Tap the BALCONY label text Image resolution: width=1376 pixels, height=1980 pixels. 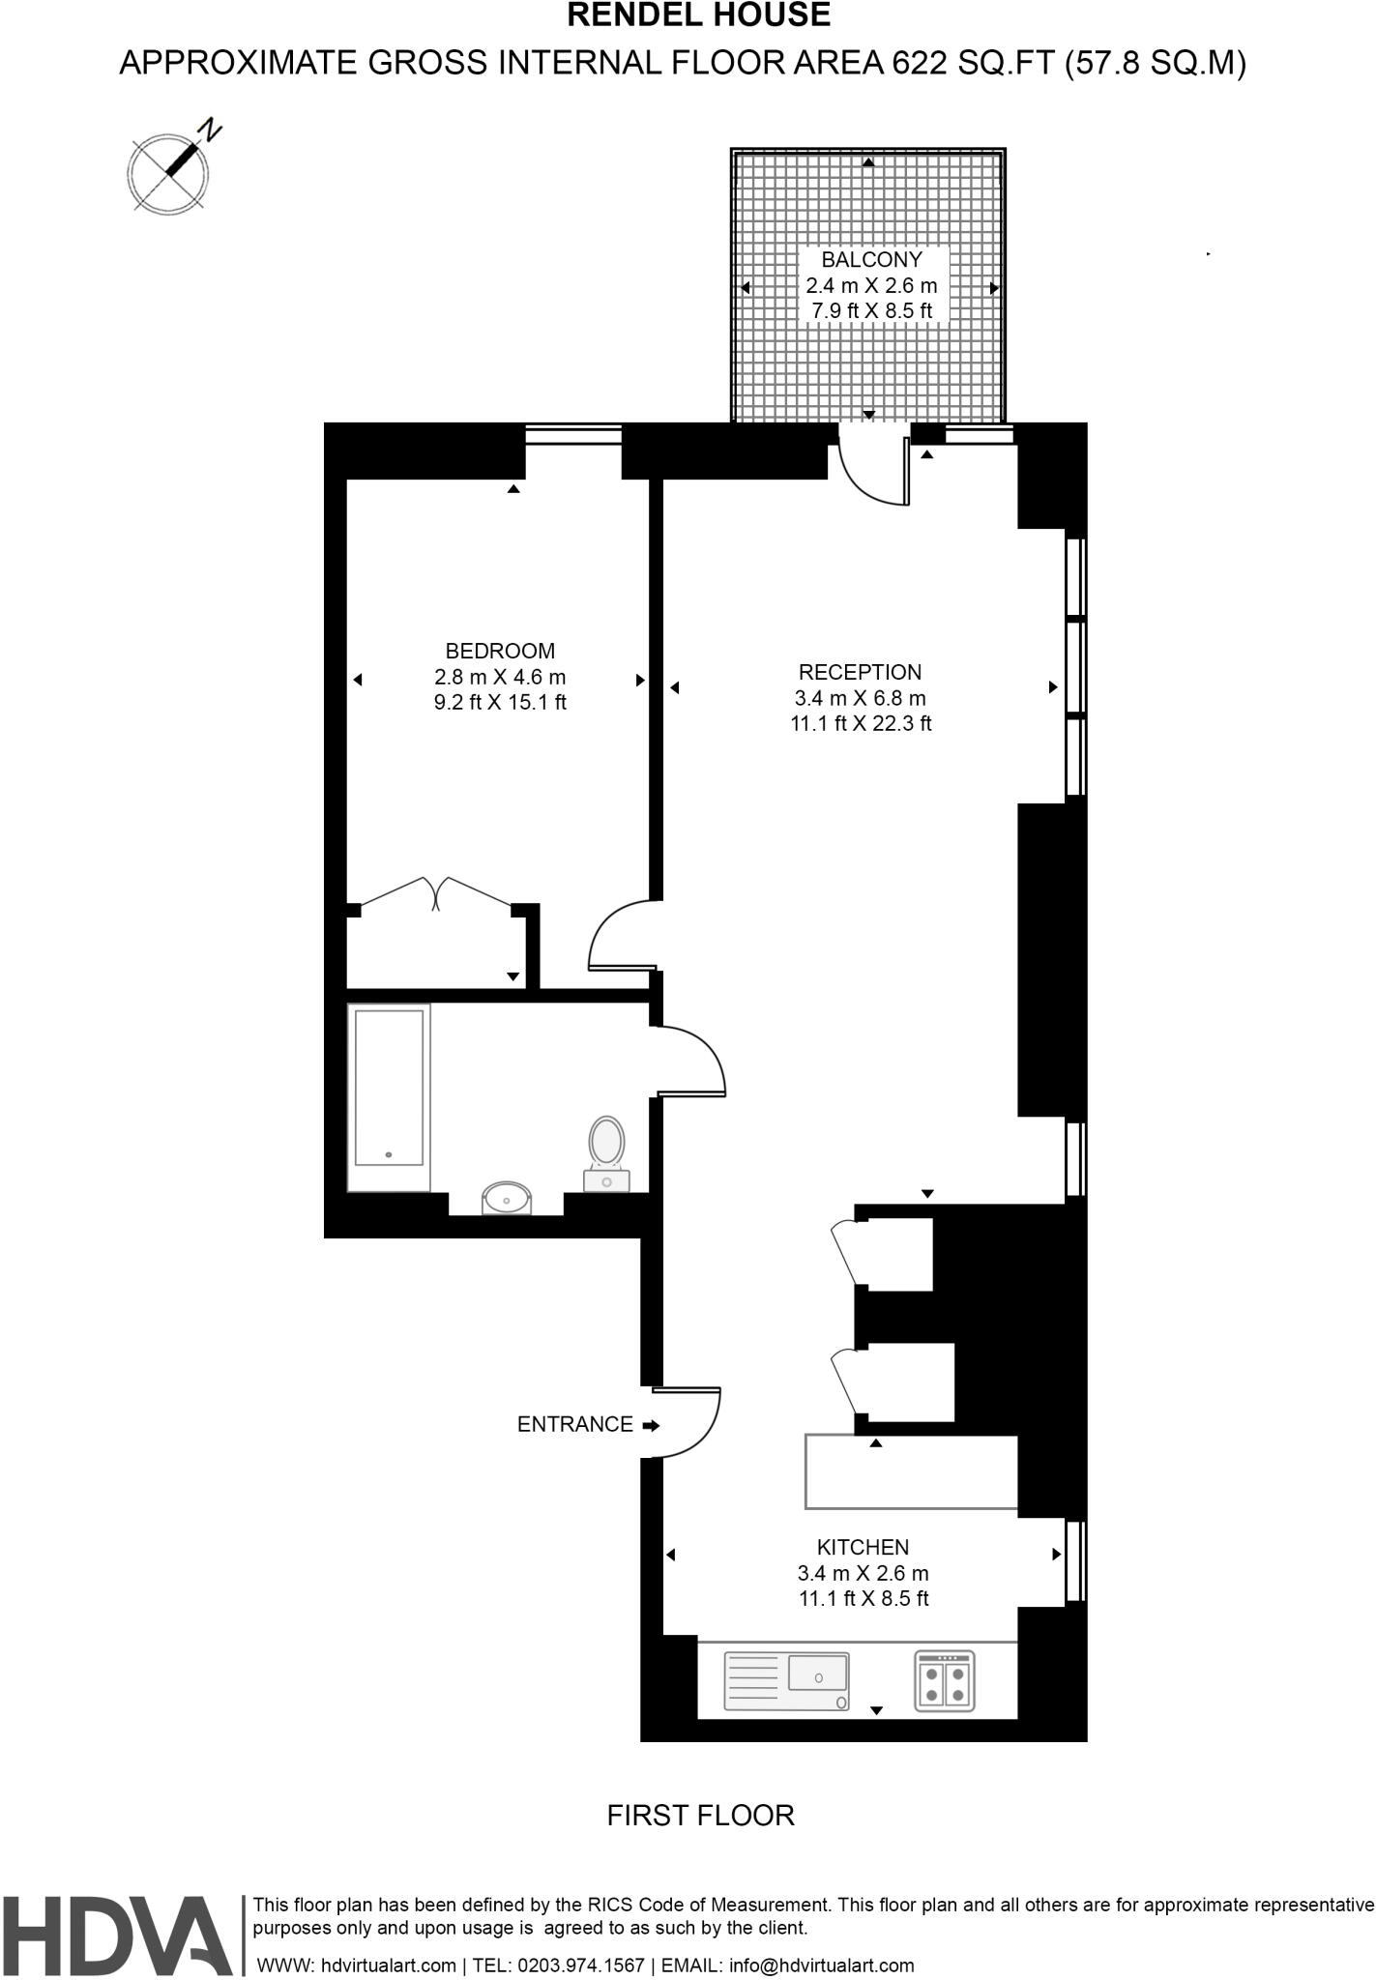pos(871,260)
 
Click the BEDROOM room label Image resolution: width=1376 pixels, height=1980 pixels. pos(500,652)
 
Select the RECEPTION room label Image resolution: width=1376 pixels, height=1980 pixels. pos(860,673)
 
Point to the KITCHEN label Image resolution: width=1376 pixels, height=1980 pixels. pos(863,1548)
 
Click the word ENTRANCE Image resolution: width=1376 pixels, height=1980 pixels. pos(574,1424)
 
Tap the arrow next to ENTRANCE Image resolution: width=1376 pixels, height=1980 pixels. pos(651,1425)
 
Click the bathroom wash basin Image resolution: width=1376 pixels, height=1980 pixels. pos(507,1198)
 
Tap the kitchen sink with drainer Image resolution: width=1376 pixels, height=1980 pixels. pos(787,1680)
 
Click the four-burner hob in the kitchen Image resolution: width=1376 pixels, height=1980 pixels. pos(945,1680)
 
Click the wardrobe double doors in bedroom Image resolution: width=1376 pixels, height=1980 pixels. pos(436,894)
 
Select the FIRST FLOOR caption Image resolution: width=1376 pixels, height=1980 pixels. pos(700,1816)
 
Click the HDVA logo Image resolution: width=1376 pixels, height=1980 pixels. pos(117,1936)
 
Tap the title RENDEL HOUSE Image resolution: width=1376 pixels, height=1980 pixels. pos(698,15)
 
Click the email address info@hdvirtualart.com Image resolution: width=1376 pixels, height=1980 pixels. pos(821,1965)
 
